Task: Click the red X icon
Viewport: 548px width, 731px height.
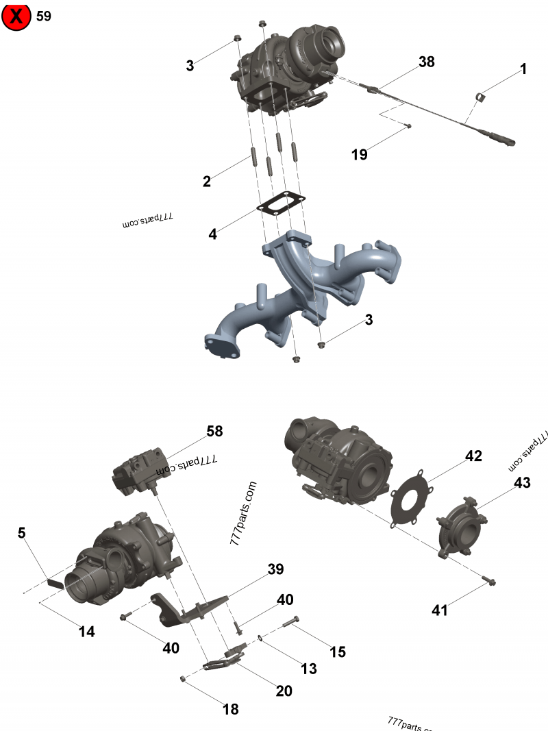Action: tap(16, 16)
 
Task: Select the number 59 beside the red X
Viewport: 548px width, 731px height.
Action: tap(43, 16)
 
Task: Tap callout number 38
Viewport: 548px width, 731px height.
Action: tap(426, 62)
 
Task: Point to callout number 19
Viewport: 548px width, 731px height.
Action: tap(359, 155)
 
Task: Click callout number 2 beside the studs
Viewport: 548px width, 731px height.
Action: tap(206, 182)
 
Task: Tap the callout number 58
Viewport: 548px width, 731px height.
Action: tap(214, 432)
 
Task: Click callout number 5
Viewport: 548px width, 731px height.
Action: tap(22, 532)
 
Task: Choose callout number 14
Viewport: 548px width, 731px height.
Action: tap(86, 632)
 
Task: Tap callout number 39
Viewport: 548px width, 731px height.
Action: tap(275, 569)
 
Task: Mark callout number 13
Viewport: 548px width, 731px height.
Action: tap(309, 669)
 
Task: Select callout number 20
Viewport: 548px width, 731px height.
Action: tap(284, 691)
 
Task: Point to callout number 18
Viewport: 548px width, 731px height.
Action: tap(231, 709)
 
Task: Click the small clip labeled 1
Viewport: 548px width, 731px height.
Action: tap(481, 98)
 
